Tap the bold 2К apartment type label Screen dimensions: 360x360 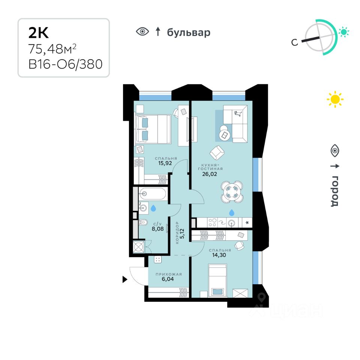pyautogui.click(x=39, y=33)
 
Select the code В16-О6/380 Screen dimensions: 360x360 pyautogui.click(x=66, y=64)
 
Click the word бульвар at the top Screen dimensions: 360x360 pyautogui.click(x=189, y=33)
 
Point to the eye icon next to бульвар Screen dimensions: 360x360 pyautogui.click(x=142, y=32)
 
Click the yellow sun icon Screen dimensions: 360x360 pyautogui.click(x=335, y=99)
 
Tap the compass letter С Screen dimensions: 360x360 pyautogui.click(x=295, y=42)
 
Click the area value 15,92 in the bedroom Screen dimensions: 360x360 pyautogui.click(x=166, y=163)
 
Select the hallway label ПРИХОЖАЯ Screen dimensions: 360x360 pyautogui.click(x=169, y=274)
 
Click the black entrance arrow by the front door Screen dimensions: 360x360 pyautogui.click(x=125, y=279)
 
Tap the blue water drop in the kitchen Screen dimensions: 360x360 pyautogui.click(x=232, y=213)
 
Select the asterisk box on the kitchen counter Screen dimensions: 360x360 pyautogui.click(x=247, y=223)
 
